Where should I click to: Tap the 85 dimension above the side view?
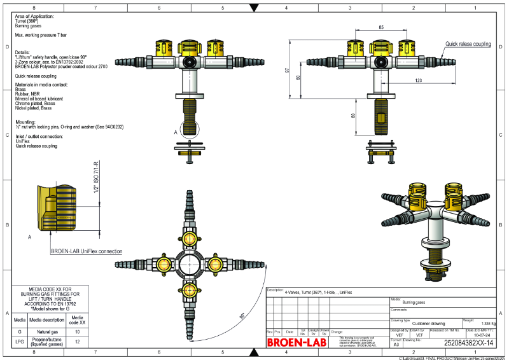pos(380,28)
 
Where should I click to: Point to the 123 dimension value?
pos(418,80)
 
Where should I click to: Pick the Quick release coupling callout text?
pos(468,44)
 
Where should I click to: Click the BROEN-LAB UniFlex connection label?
pos(86,252)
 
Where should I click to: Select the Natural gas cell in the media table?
pos(48,332)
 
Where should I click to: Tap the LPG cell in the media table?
pos(20,342)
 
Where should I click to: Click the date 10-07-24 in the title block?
pos(482,335)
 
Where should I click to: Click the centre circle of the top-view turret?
pos(190,263)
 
